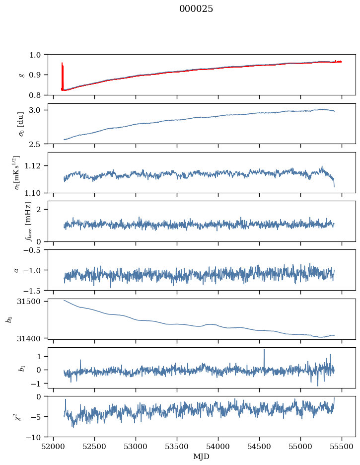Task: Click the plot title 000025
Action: click(x=196, y=9)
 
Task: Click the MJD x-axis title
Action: click(x=201, y=457)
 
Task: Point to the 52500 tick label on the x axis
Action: click(x=94, y=447)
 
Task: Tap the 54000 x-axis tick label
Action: click(x=218, y=447)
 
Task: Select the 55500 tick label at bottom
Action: click(x=342, y=447)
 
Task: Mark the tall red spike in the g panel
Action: click(x=62, y=76)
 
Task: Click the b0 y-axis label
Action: click(x=10, y=319)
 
